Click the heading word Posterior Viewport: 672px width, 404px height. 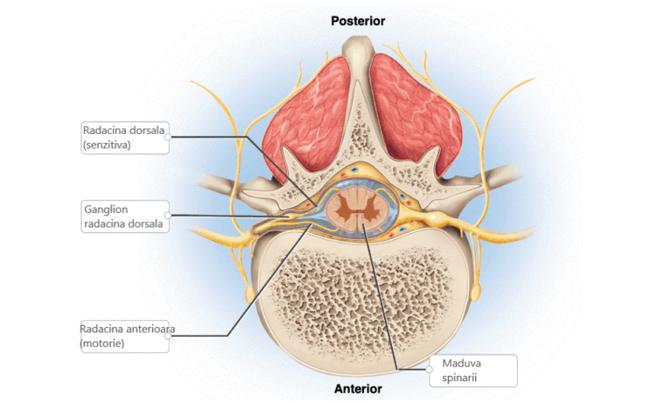357,20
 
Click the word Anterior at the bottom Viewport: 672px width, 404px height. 358,388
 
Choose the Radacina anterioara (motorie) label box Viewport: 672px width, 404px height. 123,337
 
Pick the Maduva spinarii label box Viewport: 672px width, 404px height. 473,371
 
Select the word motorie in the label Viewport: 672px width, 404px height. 102,344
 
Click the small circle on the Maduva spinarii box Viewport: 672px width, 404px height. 430,370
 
